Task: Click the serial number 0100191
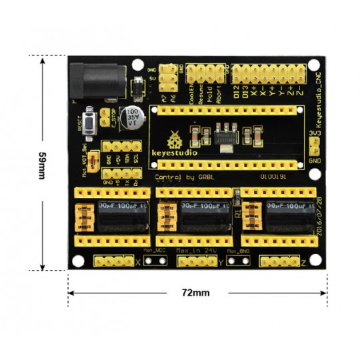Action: [273, 177]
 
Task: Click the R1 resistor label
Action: [237, 215]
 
